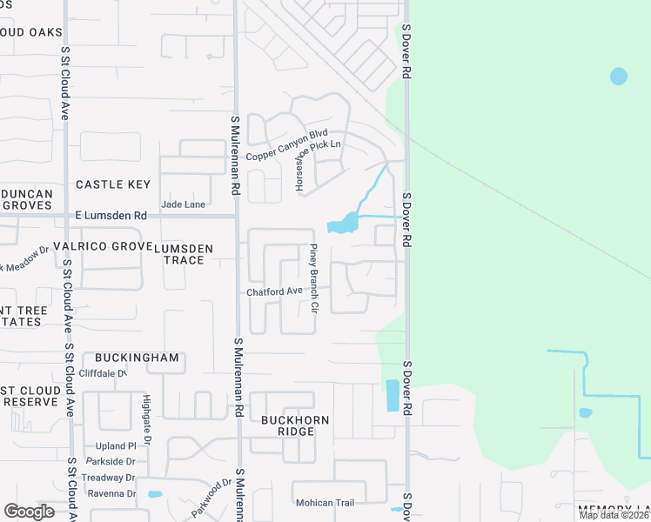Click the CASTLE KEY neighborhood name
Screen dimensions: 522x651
tap(113, 184)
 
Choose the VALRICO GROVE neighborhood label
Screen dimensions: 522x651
tap(102, 246)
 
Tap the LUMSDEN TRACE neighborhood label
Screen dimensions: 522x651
tap(183, 254)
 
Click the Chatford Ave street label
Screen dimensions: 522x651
tap(274, 291)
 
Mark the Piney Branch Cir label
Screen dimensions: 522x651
tap(314, 276)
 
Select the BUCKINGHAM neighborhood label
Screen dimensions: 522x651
tap(137, 358)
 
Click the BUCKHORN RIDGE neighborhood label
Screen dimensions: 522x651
tap(296, 426)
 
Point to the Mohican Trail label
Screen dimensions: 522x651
tap(325, 503)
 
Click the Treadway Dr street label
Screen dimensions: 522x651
tap(108, 478)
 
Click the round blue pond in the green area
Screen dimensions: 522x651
tap(618, 77)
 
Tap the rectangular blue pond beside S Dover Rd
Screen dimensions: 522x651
tap(392, 396)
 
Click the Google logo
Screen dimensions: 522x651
tap(29, 511)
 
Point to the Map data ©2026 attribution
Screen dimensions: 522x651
tap(614, 515)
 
